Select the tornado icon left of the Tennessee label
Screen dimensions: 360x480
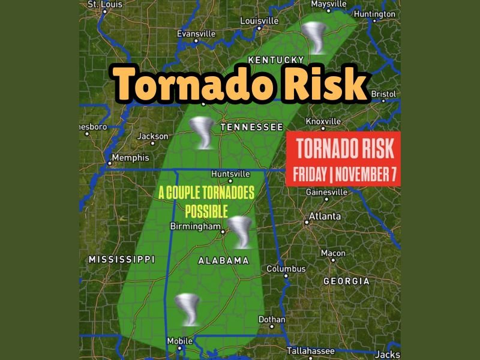[x=201, y=133]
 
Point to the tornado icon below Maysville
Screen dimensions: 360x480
[x=314, y=37]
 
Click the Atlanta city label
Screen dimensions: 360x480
[x=325, y=216]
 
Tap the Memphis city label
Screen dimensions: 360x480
[x=130, y=158]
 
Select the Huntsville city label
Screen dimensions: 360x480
[x=230, y=174]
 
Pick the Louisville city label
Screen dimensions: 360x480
[x=259, y=21]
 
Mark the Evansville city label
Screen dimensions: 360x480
[x=196, y=34]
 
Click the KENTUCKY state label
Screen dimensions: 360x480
[x=276, y=59]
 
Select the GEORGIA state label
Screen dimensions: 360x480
[x=346, y=281]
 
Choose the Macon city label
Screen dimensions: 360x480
[x=333, y=253]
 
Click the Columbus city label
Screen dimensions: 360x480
[x=286, y=269]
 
